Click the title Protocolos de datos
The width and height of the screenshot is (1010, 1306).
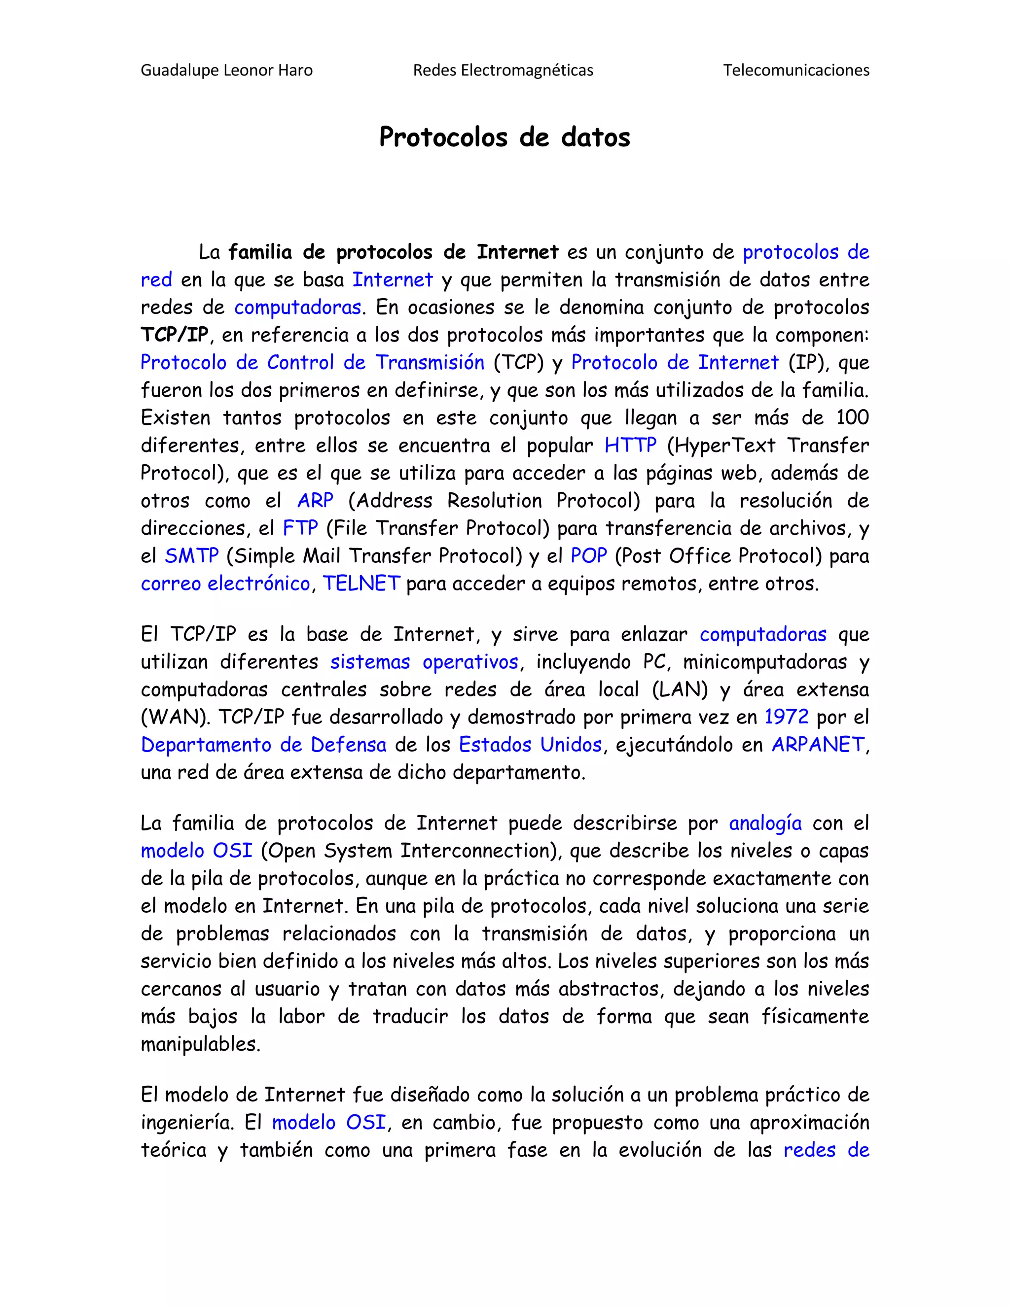(x=505, y=137)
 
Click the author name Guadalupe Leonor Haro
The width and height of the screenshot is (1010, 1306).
(x=226, y=70)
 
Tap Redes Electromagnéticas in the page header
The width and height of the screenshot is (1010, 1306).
(x=503, y=70)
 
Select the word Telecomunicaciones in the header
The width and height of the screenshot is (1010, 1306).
(x=796, y=70)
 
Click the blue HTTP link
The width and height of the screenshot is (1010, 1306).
(x=630, y=446)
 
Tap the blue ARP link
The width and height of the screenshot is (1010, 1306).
(x=315, y=501)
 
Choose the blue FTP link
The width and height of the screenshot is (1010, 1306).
(x=300, y=528)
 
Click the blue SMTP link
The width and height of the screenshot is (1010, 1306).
(x=191, y=556)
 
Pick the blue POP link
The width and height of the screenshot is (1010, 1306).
(x=589, y=556)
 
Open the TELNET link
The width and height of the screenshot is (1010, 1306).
(x=361, y=584)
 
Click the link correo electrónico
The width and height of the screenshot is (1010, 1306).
(x=225, y=584)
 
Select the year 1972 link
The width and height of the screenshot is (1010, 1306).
(x=786, y=717)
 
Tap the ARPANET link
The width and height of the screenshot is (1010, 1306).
(x=818, y=745)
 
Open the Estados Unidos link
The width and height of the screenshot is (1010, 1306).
(x=530, y=745)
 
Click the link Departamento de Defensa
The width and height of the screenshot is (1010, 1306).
(x=263, y=745)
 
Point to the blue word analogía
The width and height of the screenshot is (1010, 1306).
(x=765, y=824)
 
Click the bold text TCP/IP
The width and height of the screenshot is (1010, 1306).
(x=174, y=335)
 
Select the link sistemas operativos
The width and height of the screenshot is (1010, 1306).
(x=424, y=662)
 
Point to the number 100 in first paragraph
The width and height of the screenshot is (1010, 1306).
(x=852, y=417)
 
